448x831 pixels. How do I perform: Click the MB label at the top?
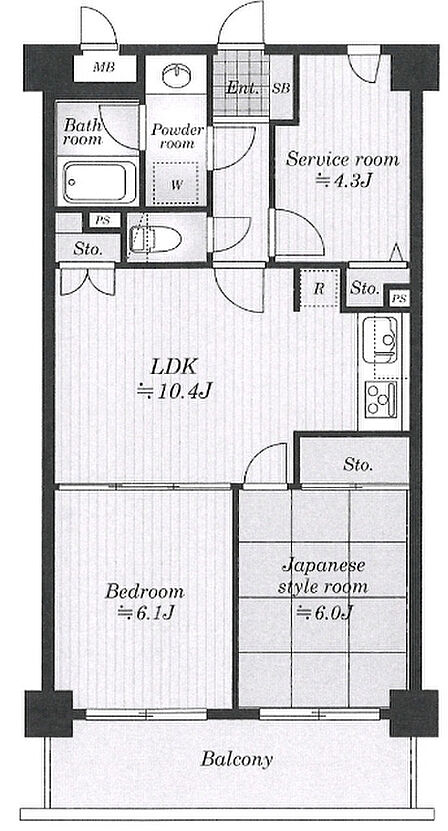(104, 67)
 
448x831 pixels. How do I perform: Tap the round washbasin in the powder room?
(175, 76)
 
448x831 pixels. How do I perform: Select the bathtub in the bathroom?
(99, 182)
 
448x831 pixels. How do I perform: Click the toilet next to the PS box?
(155, 239)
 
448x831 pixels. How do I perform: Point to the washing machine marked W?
(175, 184)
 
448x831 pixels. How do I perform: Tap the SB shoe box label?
(281, 88)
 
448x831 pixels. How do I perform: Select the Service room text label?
(342, 159)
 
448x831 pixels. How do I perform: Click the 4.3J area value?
(343, 181)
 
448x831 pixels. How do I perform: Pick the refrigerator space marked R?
(319, 288)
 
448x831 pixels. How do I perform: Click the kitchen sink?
(382, 339)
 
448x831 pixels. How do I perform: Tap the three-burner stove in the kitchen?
(381, 397)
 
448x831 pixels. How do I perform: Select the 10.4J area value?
(175, 392)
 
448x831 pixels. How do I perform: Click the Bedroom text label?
(144, 591)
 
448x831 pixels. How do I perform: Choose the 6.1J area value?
(145, 613)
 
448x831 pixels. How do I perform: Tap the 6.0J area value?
(324, 613)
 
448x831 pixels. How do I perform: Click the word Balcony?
(236, 759)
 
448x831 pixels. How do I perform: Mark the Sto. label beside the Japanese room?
(358, 465)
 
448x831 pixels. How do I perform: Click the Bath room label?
(82, 132)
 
